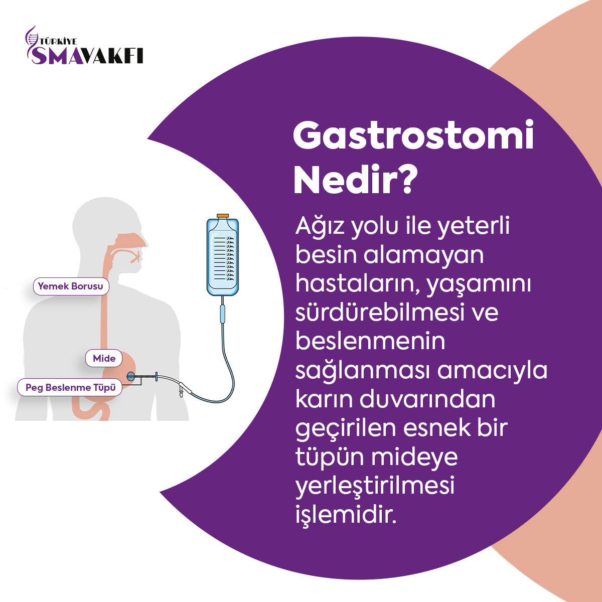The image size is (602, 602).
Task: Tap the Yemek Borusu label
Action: pos(71,286)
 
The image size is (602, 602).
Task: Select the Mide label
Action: pos(104,358)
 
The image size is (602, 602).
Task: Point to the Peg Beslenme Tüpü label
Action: pos(70,387)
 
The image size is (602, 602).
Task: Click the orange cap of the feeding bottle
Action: pos(223,216)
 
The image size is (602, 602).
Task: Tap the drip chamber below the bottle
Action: pos(222,314)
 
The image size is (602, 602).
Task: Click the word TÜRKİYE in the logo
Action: pos(58,42)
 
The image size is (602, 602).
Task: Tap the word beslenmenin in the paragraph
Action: pos(370,342)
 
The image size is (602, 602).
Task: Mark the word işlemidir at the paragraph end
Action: pos(346,516)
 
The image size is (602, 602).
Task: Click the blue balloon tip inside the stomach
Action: pos(131,376)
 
